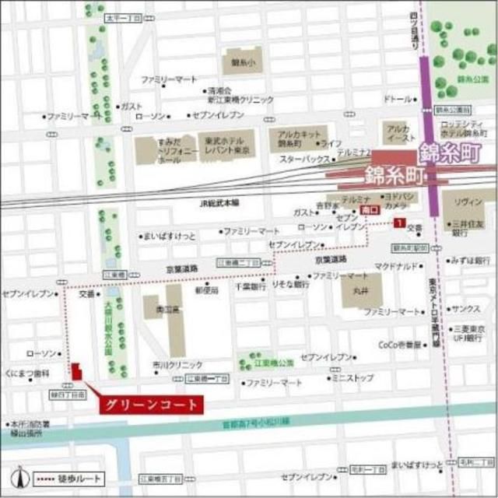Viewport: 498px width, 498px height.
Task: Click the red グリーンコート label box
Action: [x=150, y=404]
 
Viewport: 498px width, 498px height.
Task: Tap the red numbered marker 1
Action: [x=398, y=224]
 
